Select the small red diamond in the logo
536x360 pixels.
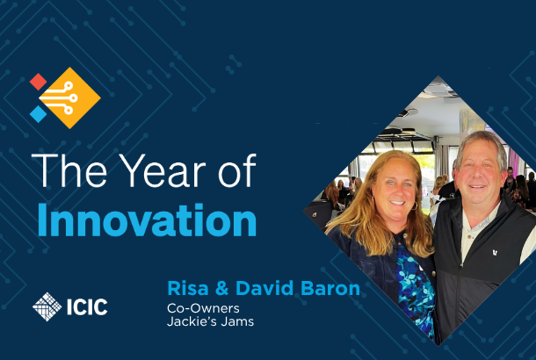tap(38, 82)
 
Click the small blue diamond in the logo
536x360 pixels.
tap(38, 114)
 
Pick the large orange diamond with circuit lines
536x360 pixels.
tap(69, 98)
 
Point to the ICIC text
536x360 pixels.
tap(87, 306)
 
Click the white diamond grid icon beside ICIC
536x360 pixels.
tap(47, 306)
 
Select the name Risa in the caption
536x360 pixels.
tap(188, 288)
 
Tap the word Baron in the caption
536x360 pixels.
tap(330, 288)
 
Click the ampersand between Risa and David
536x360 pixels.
tap(222, 288)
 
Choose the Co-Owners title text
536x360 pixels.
tap(203, 308)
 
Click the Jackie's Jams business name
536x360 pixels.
tap(210, 321)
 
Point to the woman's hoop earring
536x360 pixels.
tap(415, 205)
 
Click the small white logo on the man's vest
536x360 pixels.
tap(495, 253)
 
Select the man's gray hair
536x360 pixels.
tap(482, 143)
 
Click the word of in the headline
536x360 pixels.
tap(237, 170)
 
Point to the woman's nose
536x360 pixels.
tap(396, 192)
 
